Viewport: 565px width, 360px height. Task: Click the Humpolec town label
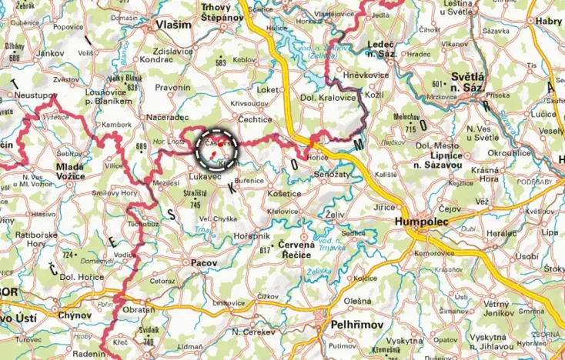pos(421,221)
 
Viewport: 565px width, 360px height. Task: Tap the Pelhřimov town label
pos(356,325)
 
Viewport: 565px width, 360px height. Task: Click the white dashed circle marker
pos(217,148)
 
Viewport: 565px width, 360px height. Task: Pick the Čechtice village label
pos(255,119)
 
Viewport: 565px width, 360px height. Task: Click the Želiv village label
pos(335,213)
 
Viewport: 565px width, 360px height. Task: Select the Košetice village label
pos(284,194)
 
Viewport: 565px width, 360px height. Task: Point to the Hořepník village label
pos(252,235)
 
